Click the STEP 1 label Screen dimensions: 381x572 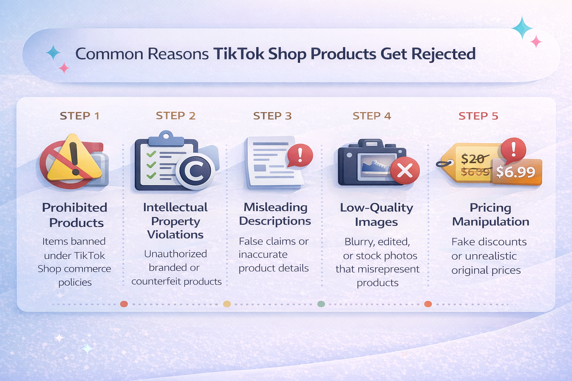[80, 116]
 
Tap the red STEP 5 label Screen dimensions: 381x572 [478, 116]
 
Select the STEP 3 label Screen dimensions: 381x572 [272, 116]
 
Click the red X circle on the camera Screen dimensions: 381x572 [405, 170]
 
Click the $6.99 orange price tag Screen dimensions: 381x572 [516, 172]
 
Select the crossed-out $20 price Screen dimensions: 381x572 [473, 159]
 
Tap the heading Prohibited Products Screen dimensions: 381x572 [75, 215]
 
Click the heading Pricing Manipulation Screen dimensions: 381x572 [490, 215]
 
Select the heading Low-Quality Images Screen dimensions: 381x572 [376, 215]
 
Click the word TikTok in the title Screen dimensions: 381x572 [239, 54]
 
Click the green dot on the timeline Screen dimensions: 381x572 [321, 304]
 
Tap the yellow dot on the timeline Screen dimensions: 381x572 [227, 304]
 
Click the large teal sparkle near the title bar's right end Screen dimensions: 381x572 [522, 28]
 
